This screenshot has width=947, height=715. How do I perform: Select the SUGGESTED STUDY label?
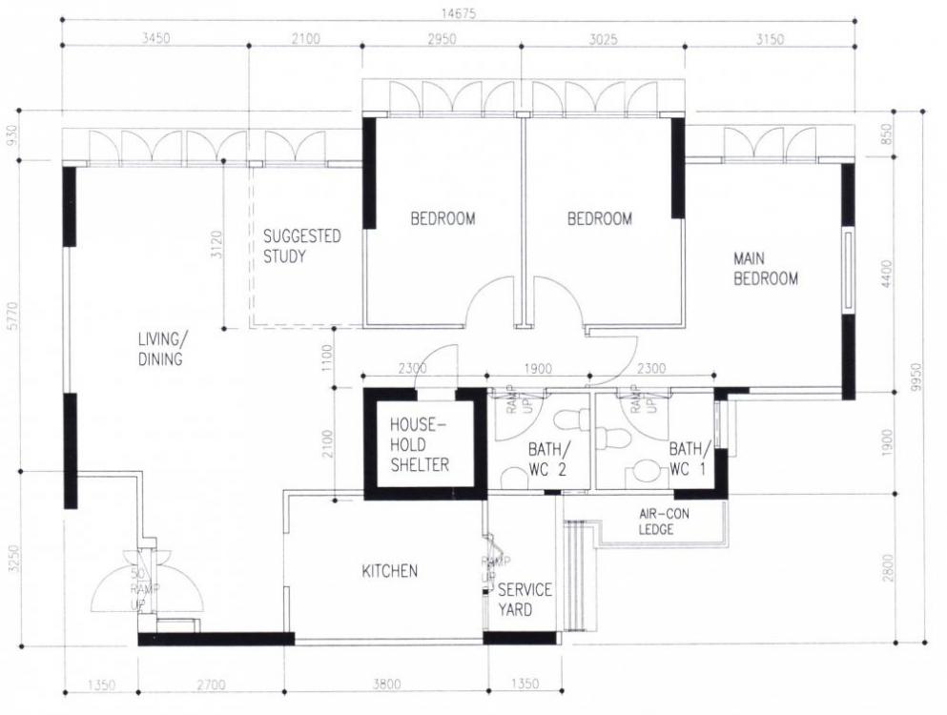(x=301, y=246)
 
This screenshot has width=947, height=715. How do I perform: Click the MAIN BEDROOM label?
(x=765, y=269)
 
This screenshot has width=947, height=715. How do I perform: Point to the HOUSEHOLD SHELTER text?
(x=420, y=445)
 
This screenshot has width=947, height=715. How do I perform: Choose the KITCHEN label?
(x=389, y=571)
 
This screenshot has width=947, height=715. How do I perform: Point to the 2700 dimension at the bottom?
(x=215, y=684)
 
